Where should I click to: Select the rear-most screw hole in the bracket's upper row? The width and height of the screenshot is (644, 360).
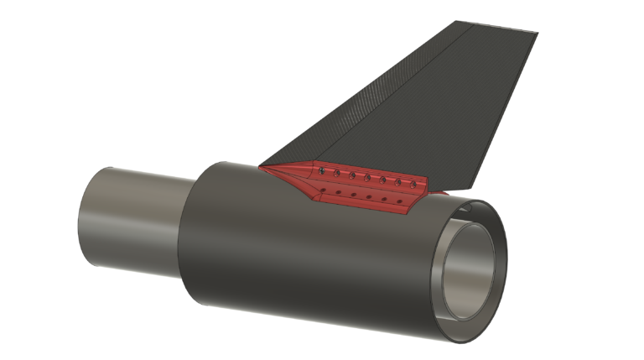point(413,185)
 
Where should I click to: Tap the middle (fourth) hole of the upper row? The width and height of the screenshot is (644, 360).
point(367,178)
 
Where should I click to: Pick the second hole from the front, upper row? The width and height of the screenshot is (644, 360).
point(336,174)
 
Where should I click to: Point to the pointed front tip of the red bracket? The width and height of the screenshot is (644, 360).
point(261,167)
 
